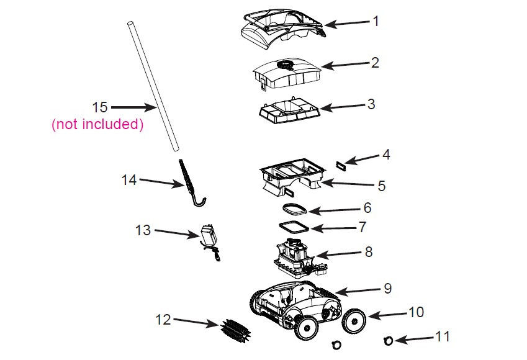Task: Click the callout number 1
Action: click(x=376, y=21)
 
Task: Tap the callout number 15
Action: click(x=100, y=107)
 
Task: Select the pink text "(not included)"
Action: click(x=97, y=124)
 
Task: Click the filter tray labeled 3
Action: click(x=289, y=112)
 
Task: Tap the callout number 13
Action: click(x=143, y=230)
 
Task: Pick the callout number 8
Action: click(x=369, y=253)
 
